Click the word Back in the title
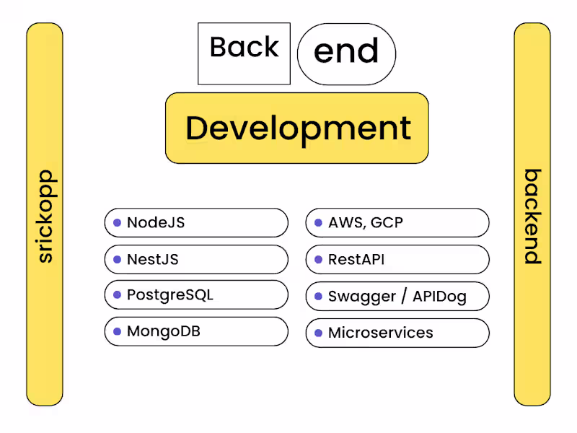point(244,48)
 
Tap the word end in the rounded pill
point(346,52)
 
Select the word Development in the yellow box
point(298,128)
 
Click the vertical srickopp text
point(45,216)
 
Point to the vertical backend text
point(532,216)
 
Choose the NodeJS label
point(156,222)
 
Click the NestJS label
point(153,259)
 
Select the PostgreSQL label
point(170,295)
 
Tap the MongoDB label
point(164,332)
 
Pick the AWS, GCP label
point(366,223)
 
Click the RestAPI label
point(356,260)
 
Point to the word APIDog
point(440,297)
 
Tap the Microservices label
point(381,333)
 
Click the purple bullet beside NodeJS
point(117,222)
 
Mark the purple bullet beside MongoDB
point(117,332)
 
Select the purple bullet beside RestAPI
point(318,260)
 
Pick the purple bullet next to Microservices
point(318,333)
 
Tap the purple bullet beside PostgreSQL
point(117,295)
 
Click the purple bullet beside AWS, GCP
point(318,223)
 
